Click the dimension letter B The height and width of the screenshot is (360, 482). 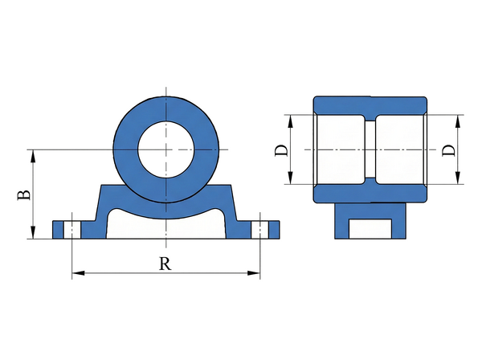(24, 195)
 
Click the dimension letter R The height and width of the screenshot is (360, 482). (165, 264)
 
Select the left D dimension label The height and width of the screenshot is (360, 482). (281, 150)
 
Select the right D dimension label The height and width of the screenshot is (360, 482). (448, 150)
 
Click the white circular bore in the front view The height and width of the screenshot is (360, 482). (166, 149)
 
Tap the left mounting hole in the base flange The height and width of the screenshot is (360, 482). (72, 230)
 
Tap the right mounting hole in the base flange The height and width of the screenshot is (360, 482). (260, 230)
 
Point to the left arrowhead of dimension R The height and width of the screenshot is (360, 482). (78, 273)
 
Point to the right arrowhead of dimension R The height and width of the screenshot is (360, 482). (254, 273)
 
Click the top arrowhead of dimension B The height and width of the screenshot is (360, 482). (33, 156)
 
